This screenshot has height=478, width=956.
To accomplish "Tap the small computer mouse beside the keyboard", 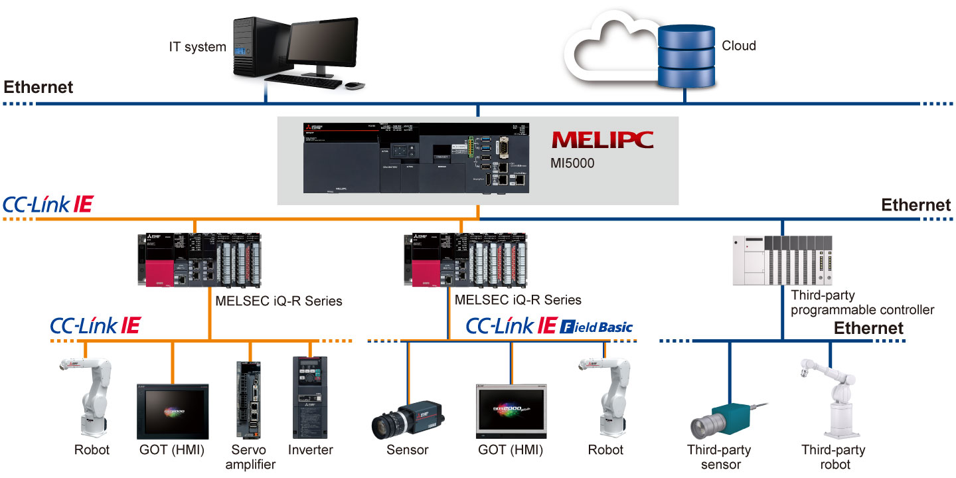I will point(355,86).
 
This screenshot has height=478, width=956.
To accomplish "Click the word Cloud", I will point(739,46).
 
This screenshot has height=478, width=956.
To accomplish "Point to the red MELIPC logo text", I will point(602,139).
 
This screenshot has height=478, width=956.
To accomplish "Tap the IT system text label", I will point(197,47).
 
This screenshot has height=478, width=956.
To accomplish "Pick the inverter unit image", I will point(310,396).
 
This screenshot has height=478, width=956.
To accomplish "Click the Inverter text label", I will point(310,449).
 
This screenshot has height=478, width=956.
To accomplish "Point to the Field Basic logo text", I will point(597,327).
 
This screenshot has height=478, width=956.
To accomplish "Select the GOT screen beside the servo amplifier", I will point(173,412).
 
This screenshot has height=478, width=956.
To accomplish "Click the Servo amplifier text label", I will point(250,457).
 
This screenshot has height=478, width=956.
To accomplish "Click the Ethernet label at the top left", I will point(39,87).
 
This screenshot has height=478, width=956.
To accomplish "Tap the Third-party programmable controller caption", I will point(862,302).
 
